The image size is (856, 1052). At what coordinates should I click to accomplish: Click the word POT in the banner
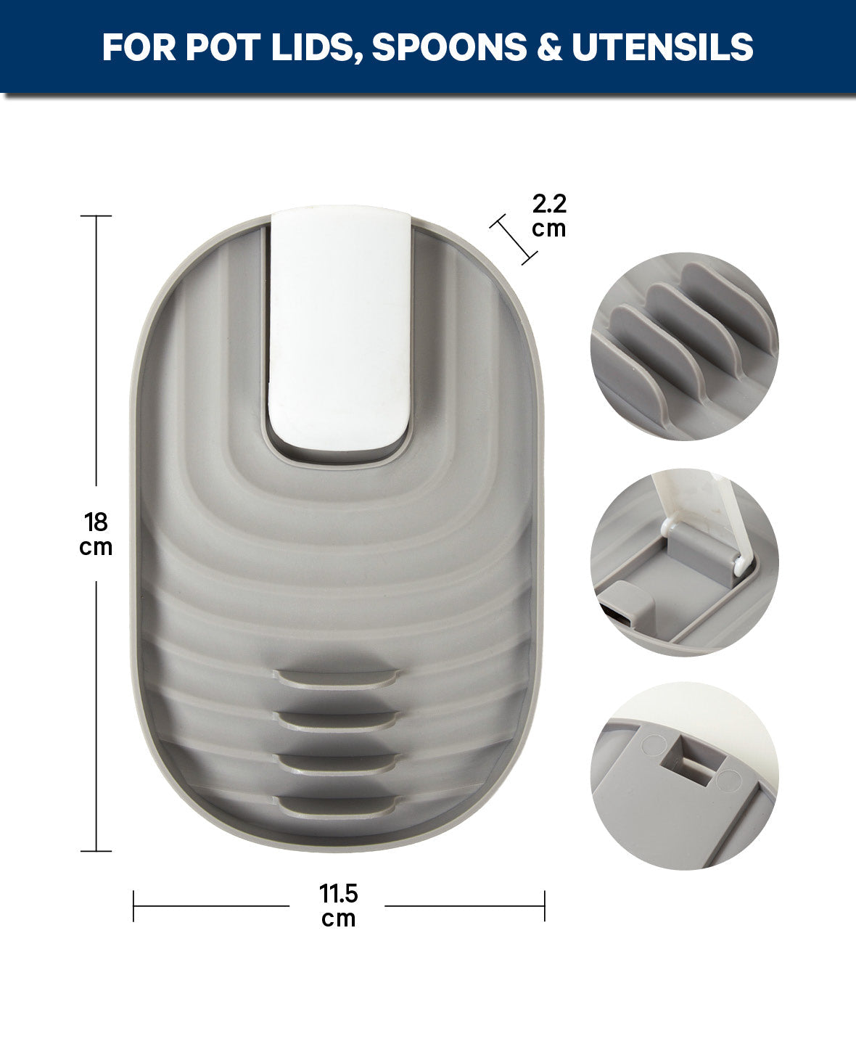pos(223,47)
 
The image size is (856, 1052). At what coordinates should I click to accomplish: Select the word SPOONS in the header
pos(450,47)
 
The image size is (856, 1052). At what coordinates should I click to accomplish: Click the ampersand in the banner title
pos(549,47)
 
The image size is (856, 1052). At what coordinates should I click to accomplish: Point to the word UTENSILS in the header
pos(662,47)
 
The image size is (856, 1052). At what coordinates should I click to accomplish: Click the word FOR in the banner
pos(139,47)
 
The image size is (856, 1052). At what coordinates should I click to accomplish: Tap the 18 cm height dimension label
pos(96,535)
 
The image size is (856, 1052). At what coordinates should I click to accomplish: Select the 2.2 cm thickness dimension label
pos(549,215)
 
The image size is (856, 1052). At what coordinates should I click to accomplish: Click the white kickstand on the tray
pos(340,327)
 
